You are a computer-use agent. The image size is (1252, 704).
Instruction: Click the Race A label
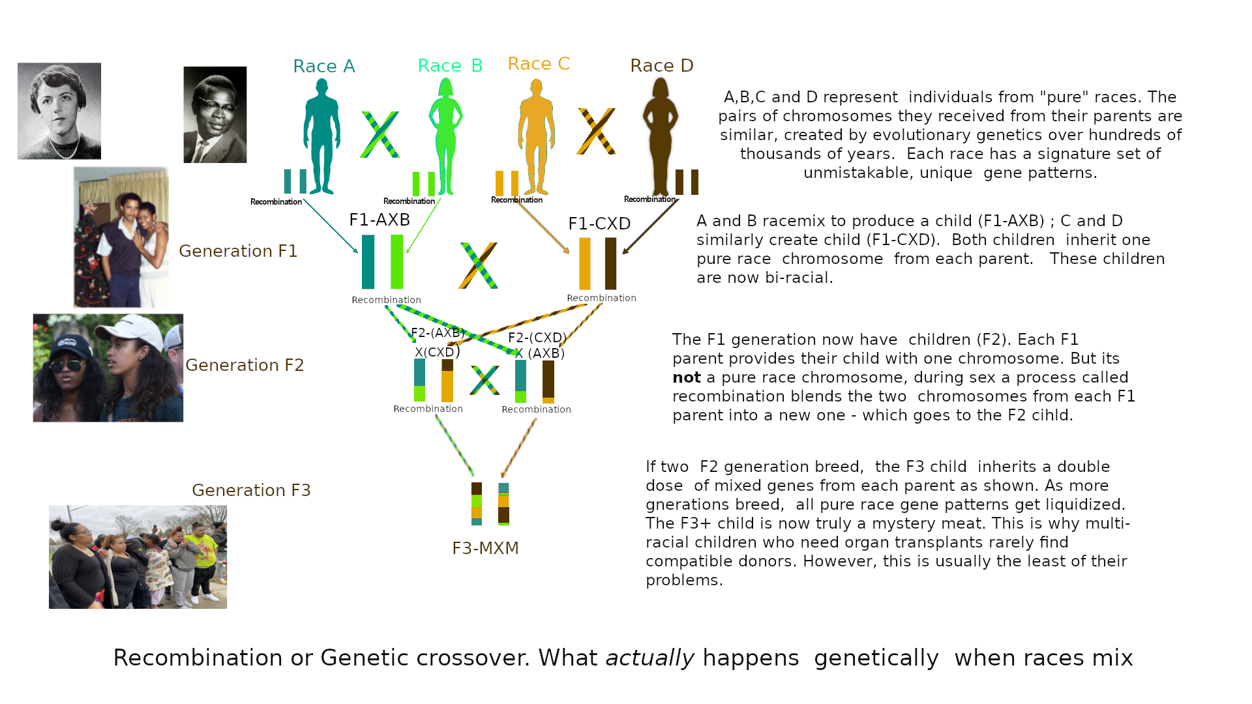pyautogui.click(x=323, y=66)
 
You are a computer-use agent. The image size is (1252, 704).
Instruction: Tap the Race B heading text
pyautogui.click(x=450, y=66)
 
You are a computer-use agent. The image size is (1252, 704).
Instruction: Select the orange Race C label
pyautogui.click(x=539, y=64)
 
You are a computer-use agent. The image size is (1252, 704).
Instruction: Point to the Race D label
pyautogui.click(x=661, y=66)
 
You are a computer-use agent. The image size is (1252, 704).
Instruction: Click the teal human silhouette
pyautogui.click(x=321, y=137)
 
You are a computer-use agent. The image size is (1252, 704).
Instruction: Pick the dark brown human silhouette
pyautogui.click(x=661, y=137)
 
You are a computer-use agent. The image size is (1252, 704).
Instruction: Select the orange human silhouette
pyautogui.click(x=536, y=137)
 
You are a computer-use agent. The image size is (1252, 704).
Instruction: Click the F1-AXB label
pyautogui.click(x=380, y=220)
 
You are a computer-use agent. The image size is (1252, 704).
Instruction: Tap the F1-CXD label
pyautogui.click(x=599, y=224)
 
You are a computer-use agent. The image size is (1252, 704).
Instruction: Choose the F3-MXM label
pyautogui.click(x=485, y=549)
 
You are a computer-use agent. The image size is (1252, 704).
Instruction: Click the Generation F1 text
pyautogui.click(x=238, y=252)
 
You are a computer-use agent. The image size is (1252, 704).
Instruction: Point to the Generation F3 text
pyautogui.click(x=251, y=491)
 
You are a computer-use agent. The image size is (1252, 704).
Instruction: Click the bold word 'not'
pyautogui.click(x=686, y=378)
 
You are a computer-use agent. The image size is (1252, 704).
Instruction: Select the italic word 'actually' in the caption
pyautogui.click(x=649, y=658)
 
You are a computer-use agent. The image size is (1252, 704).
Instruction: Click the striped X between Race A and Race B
pyautogui.click(x=380, y=135)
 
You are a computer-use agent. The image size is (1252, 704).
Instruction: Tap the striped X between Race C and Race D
pyautogui.click(x=596, y=132)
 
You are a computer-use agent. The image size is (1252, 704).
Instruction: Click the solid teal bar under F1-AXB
pyautogui.click(x=368, y=261)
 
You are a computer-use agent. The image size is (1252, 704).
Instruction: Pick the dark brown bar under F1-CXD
pyautogui.click(x=610, y=263)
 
